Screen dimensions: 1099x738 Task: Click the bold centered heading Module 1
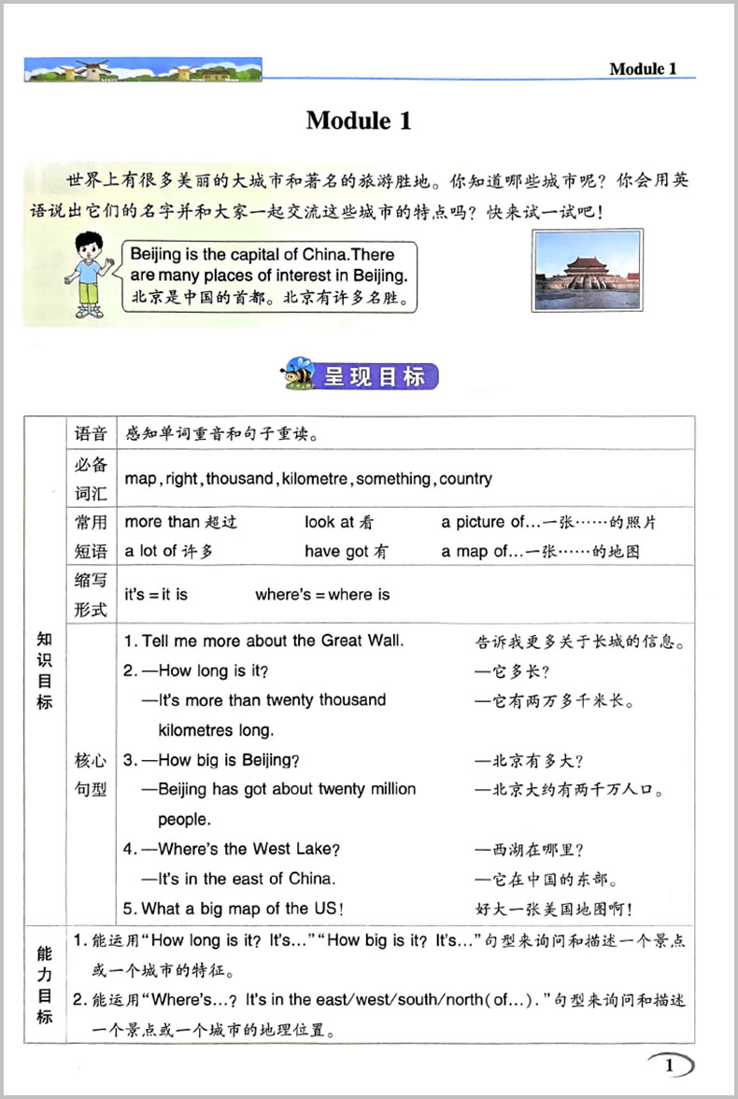coord(359,120)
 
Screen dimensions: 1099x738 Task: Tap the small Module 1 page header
coord(642,69)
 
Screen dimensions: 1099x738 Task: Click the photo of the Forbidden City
coord(588,270)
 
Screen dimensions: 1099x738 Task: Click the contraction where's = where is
coord(322,595)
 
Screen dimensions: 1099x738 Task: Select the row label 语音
coord(92,433)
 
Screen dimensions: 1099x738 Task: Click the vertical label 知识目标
coord(44,669)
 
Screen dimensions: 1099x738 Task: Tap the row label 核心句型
coord(92,774)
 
